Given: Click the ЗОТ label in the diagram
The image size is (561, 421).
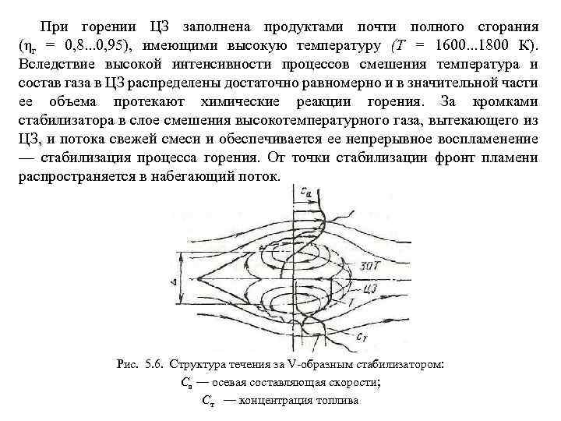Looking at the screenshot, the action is tap(371, 267).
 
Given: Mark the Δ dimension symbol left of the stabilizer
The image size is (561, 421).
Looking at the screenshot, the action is tap(177, 279).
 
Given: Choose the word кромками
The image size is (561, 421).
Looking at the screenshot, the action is tap(506, 103).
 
